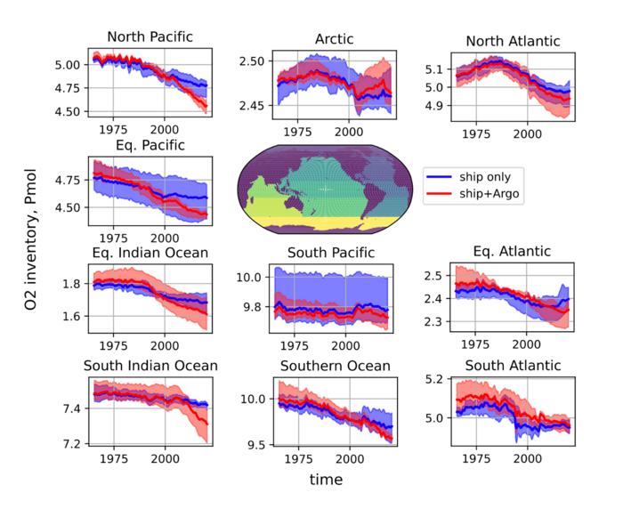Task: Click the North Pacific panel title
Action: [x=150, y=36]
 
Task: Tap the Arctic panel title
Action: [x=335, y=39]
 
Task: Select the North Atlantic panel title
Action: [x=512, y=42]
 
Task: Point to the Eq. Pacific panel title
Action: [x=150, y=145]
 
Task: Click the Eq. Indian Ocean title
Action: [x=150, y=253]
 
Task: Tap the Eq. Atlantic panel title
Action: [x=512, y=252]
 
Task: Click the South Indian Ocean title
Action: [x=150, y=365]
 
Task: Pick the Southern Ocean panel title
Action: [x=335, y=366]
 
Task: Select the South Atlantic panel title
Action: [x=512, y=365]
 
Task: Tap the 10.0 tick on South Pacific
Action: [x=253, y=278]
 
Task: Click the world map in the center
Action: [x=326, y=190]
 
